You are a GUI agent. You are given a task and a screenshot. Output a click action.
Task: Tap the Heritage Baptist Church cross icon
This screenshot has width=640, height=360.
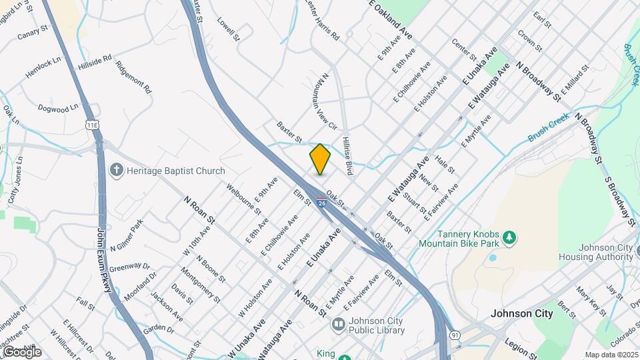click(x=117, y=171)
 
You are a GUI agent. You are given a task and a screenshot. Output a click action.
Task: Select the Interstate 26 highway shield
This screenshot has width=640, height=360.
click(x=322, y=203)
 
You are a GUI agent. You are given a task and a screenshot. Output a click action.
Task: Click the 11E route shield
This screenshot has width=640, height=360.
click(x=93, y=125)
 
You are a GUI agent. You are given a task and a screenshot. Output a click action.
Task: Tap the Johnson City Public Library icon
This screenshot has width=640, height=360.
click(x=338, y=325)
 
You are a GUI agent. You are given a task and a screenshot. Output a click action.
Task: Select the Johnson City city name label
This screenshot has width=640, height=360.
click(x=521, y=313)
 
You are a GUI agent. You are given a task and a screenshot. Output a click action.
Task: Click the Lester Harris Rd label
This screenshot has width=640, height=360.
click(x=322, y=21)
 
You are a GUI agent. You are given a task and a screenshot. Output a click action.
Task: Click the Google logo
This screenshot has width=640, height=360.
click(x=21, y=351)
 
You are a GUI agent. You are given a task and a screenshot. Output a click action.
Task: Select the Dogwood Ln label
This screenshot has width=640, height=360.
click(x=58, y=107)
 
